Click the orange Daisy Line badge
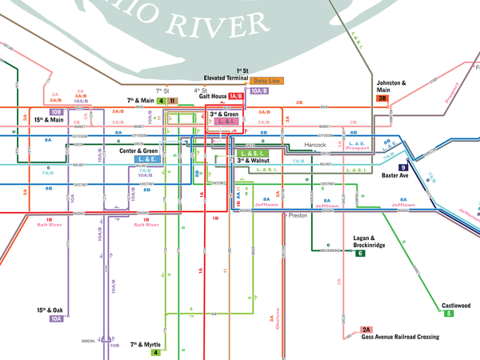coord(267,81)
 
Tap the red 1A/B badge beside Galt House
coord(235,96)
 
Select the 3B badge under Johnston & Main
coord(382,98)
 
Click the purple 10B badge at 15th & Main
coord(57,112)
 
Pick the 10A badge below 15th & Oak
coord(56,318)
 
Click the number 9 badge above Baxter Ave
coord(403,166)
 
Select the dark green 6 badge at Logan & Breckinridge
coord(360,253)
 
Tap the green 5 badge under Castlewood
coord(449,314)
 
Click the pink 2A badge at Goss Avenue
coord(367,330)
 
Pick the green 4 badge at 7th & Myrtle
coord(156,352)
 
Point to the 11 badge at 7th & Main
coord(172,101)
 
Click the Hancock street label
coord(315,145)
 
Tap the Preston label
coord(298,215)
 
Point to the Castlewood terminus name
coord(456,305)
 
